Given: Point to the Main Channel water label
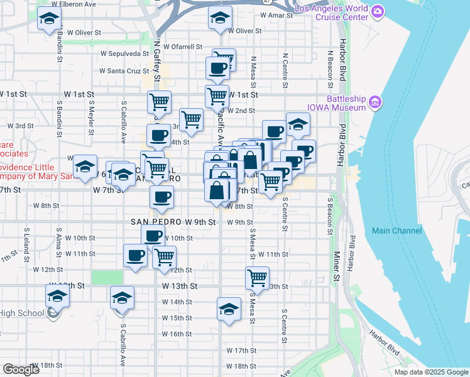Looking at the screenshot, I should (x=396, y=231).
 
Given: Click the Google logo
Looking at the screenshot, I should (x=21, y=369).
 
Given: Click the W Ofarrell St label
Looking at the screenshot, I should (x=183, y=46).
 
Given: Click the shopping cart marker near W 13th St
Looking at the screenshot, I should (x=257, y=276).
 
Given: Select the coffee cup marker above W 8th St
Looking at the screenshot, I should (x=161, y=196).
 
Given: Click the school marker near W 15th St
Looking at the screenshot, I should (x=229, y=309).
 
